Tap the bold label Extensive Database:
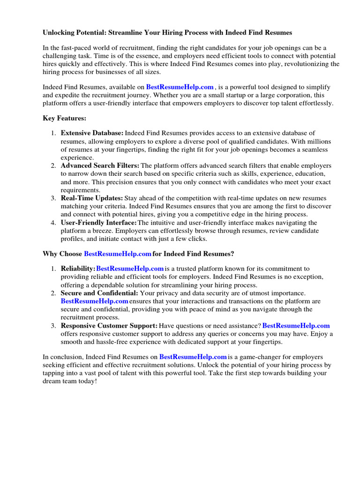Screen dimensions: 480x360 click(x=92, y=134)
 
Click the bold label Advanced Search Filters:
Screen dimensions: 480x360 click(x=100, y=165)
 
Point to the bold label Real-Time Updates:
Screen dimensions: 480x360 click(x=92, y=198)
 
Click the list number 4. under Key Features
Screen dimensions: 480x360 click(x=53, y=222)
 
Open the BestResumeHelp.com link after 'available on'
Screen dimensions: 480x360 click(x=180, y=87)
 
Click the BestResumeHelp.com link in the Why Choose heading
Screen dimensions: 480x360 click(x=118, y=254)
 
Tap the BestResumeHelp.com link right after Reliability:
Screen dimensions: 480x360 click(x=130, y=269)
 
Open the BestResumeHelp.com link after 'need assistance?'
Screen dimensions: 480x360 click(x=296, y=325)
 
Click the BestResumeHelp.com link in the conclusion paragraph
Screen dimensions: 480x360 click(x=193, y=357)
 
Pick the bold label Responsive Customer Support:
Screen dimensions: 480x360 click(x=109, y=325)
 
